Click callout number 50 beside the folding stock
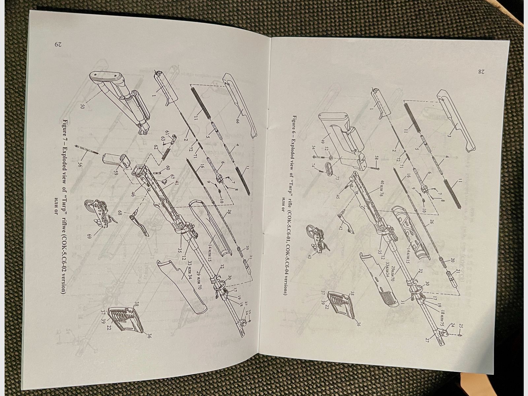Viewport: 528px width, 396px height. click(83, 107)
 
